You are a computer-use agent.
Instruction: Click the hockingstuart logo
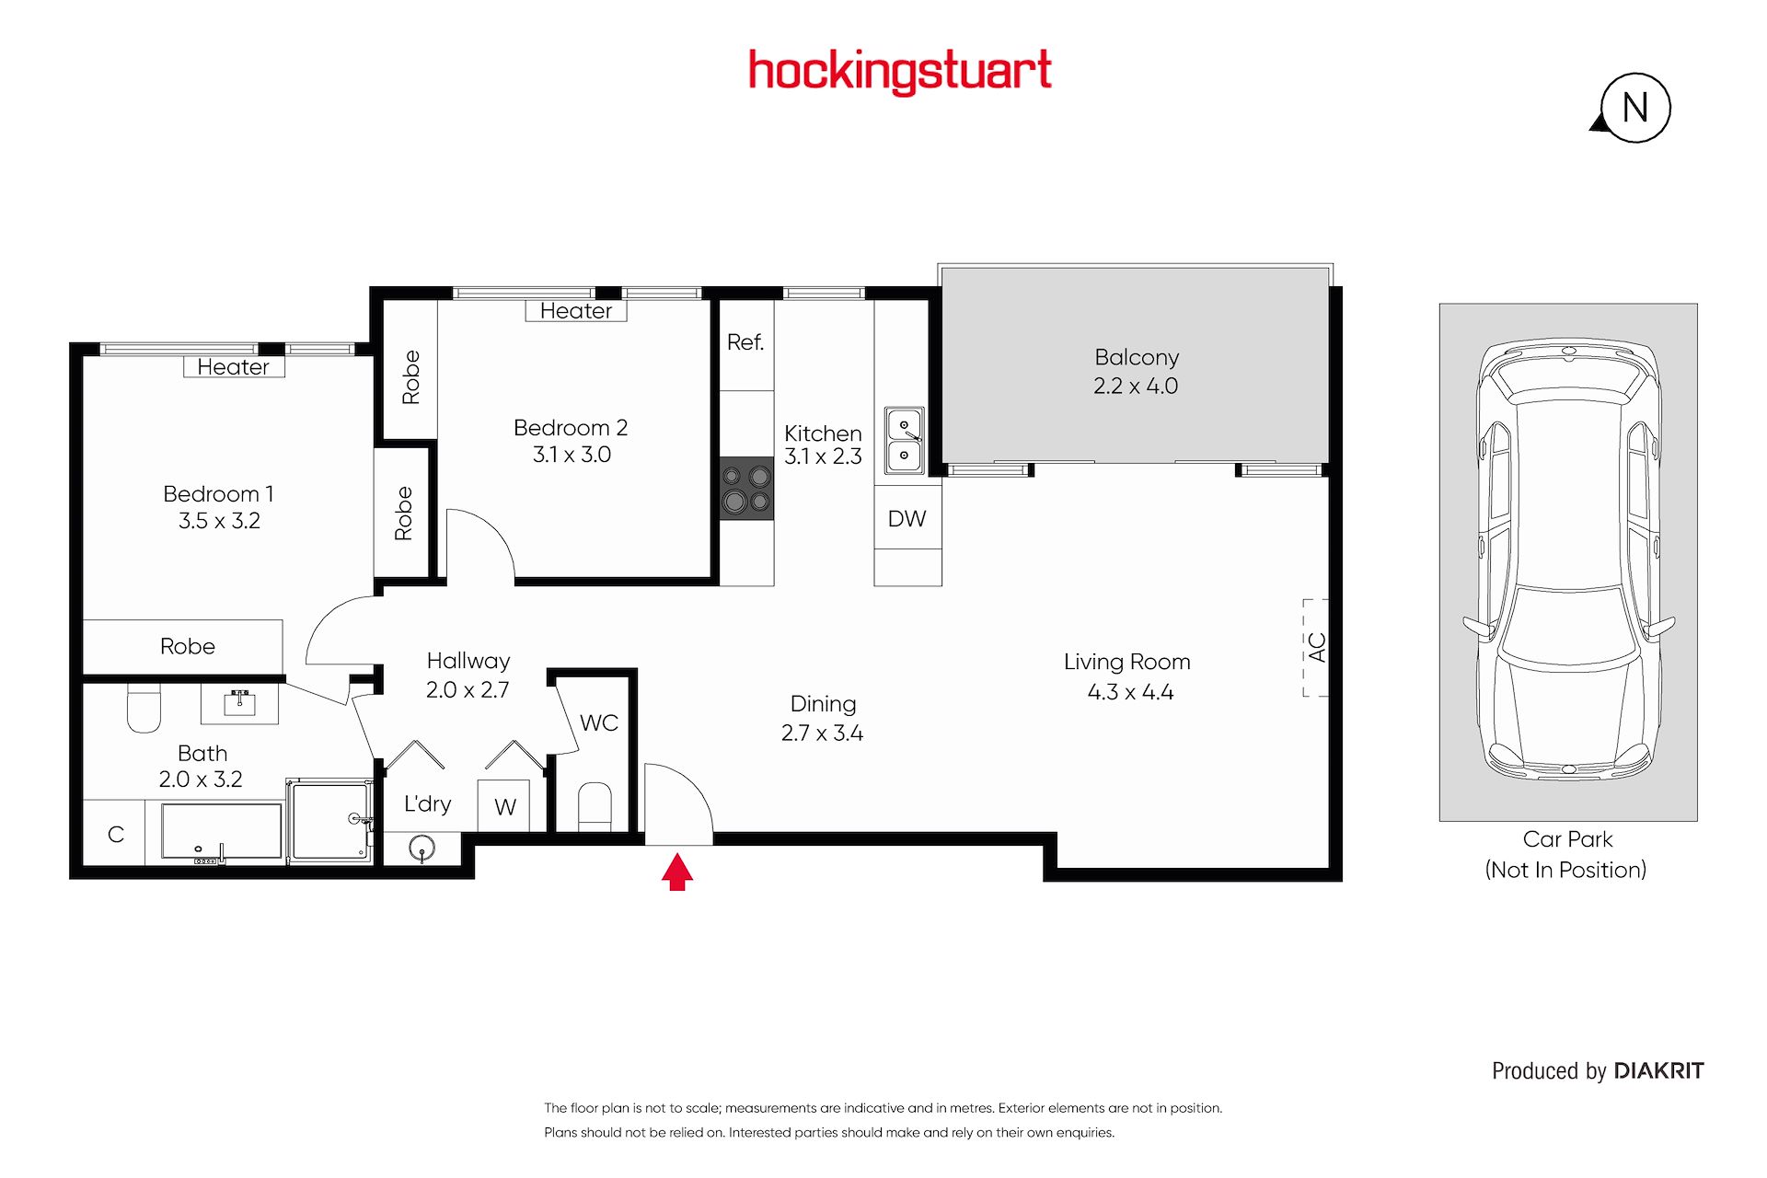pyautogui.click(x=900, y=72)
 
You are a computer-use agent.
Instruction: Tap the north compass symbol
pyautogui.click(x=1634, y=108)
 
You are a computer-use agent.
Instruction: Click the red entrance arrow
pyautogui.click(x=677, y=872)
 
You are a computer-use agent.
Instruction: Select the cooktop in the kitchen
pyautogui.click(x=746, y=489)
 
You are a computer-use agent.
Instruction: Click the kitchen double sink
pyautogui.click(x=905, y=440)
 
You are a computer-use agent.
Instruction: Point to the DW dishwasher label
pyautogui.click(x=907, y=519)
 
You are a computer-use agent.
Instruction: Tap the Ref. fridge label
pyautogui.click(x=745, y=342)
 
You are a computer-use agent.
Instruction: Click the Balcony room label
pyautogui.click(x=1137, y=357)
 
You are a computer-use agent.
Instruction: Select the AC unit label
pyautogui.click(x=1317, y=647)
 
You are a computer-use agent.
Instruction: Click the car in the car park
pyautogui.click(x=1568, y=560)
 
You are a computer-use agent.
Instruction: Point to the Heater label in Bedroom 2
pyautogui.click(x=576, y=311)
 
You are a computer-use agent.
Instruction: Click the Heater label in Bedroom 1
pyautogui.click(x=234, y=367)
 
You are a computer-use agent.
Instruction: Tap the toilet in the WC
pyautogui.click(x=595, y=806)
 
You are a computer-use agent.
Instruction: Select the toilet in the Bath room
pyautogui.click(x=144, y=707)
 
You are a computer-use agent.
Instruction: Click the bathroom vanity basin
pyautogui.click(x=239, y=703)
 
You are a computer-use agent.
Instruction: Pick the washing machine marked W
pyautogui.click(x=503, y=806)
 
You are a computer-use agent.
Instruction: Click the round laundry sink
pyautogui.click(x=422, y=848)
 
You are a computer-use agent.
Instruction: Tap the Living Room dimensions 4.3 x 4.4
pyautogui.click(x=1130, y=692)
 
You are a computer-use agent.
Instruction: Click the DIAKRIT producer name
pyautogui.click(x=1659, y=1071)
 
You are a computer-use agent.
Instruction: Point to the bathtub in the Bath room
pyautogui.click(x=222, y=833)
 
